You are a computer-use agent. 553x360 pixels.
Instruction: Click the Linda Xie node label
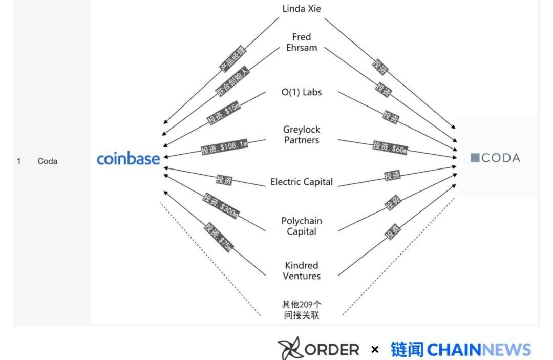[x=302, y=9]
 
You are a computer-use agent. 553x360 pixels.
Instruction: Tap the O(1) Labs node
[x=302, y=92]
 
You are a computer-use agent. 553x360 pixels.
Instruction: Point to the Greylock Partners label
[x=302, y=135]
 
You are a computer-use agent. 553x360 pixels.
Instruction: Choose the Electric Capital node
[x=302, y=182]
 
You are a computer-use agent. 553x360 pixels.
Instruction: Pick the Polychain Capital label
[x=302, y=226]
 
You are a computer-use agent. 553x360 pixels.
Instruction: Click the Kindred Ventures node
[x=302, y=271]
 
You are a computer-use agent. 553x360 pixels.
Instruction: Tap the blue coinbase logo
[x=128, y=159]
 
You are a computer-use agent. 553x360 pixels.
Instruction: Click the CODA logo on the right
[x=495, y=158]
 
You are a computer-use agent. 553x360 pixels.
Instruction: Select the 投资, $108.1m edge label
[x=224, y=147]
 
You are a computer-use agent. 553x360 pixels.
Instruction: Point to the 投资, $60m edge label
[x=390, y=147]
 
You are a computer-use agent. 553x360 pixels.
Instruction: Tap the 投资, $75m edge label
[x=219, y=237]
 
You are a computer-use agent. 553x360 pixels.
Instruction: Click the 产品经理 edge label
[x=233, y=58]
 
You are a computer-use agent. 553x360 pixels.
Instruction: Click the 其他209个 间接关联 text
[x=302, y=310]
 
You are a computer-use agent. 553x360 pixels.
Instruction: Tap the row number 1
[x=19, y=161]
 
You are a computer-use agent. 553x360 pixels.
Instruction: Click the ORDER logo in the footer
[x=318, y=350]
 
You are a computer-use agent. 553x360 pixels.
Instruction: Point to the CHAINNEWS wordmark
[x=479, y=350]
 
